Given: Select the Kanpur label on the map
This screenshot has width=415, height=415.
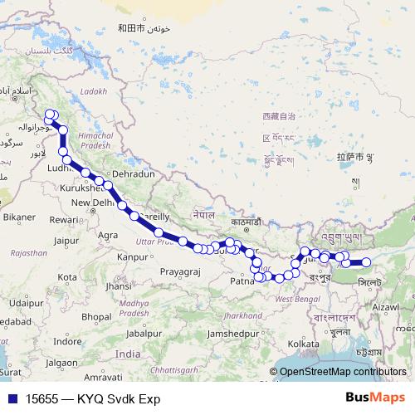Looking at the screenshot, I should pos(132,257).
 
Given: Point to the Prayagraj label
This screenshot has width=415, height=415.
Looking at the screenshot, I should pos(182,271).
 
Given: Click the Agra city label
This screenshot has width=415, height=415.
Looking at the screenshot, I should pos(108,236).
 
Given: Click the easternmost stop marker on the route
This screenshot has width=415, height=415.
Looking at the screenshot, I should pos(366,263).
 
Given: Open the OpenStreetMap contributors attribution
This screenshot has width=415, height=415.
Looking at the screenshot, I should pos(342,372).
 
